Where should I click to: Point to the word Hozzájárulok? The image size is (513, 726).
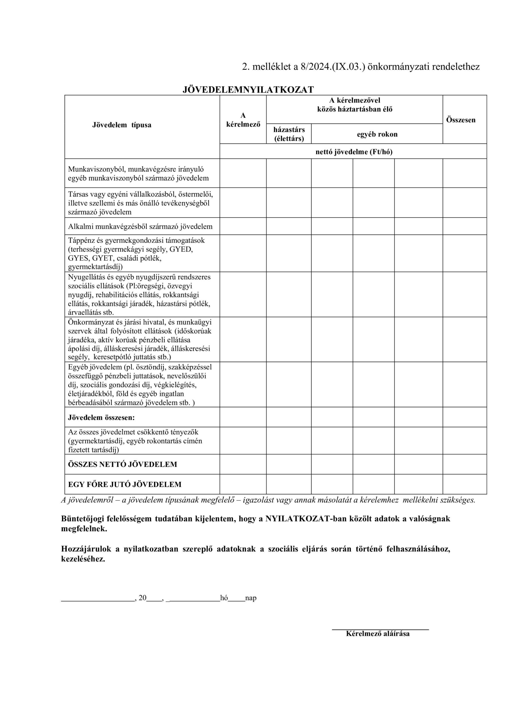(x=86, y=549)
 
